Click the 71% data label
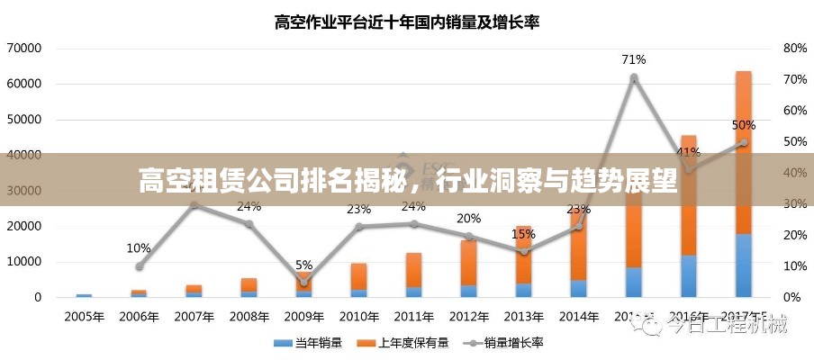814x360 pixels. pos(633,60)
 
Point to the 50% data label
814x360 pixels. pos(743,125)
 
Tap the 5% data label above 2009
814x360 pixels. pos(303,265)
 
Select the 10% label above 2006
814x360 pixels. pos(139,247)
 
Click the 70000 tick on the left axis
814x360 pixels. pos(23,48)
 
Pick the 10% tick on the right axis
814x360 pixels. pos(793,266)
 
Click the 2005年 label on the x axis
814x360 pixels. pos(84,317)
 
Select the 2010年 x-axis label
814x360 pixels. pos(358,317)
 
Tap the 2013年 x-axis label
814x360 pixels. pos(523,317)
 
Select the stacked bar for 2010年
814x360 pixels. pos(358,280)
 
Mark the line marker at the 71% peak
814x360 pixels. pos(633,78)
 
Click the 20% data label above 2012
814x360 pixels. pos(468,218)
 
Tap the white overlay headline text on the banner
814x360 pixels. pos(407,180)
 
